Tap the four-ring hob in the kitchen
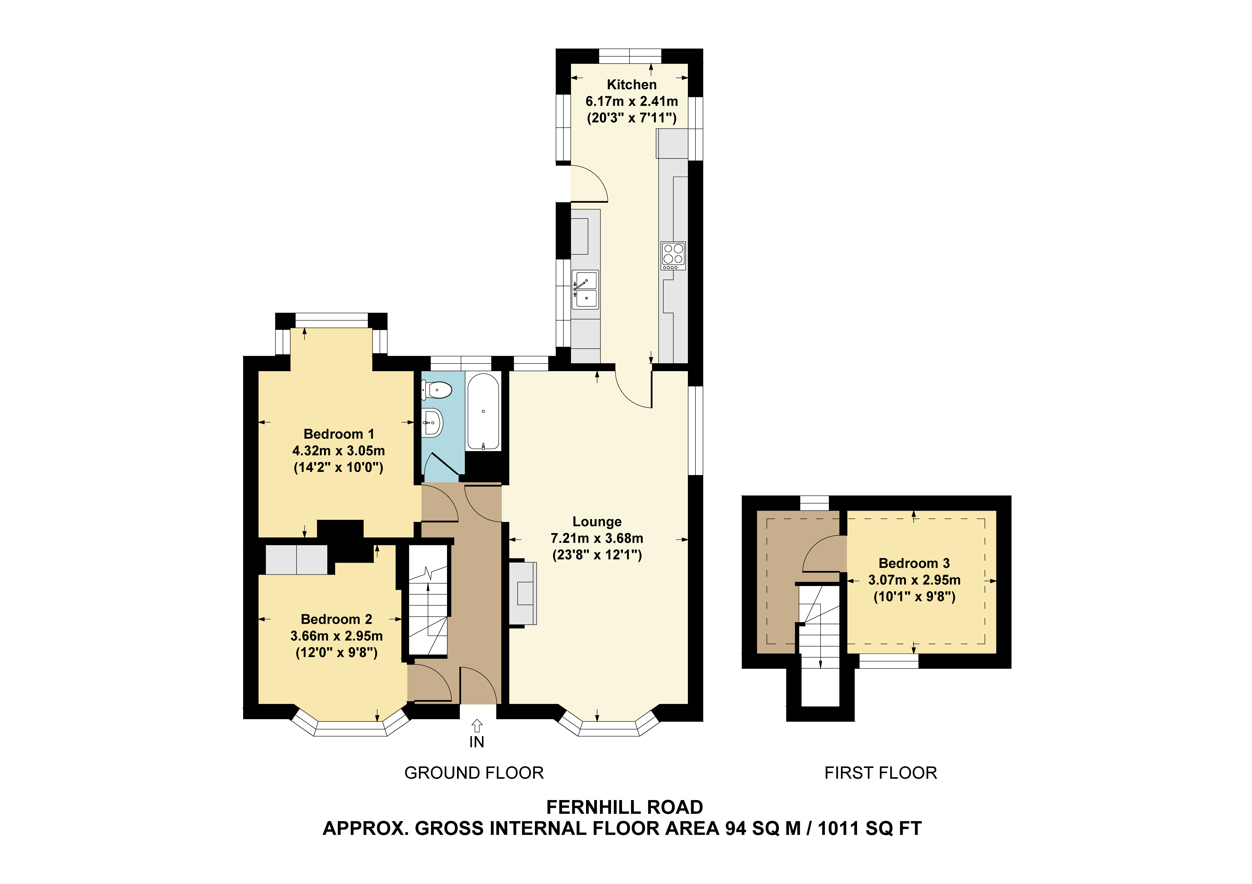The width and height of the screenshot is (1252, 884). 673,256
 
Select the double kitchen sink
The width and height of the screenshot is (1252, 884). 585,289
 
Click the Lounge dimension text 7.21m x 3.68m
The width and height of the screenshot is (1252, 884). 597,538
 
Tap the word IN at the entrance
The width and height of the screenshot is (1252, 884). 477,742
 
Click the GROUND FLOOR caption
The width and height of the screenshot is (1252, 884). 474,773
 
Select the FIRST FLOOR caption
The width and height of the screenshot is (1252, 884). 881,773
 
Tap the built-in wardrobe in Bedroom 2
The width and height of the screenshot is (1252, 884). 297,559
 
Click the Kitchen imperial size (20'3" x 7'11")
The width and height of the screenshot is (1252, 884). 631,118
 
